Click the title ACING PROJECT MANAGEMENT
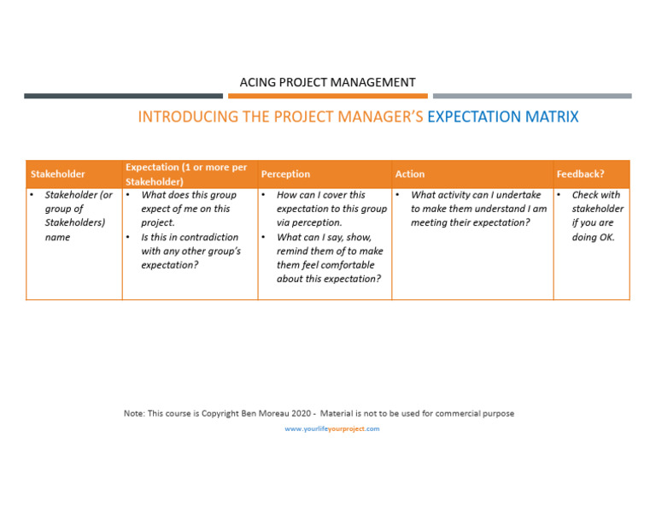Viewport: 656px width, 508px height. (327, 82)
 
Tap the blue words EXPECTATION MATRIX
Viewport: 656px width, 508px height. (502, 117)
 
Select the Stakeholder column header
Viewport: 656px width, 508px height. (58, 174)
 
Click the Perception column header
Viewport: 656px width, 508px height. (285, 174)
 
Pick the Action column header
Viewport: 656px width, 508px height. (410, 174)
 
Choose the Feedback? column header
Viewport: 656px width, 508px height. (580, 174)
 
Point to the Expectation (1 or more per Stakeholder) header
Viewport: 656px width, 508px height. (186, 174)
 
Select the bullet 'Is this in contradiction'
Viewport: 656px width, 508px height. (190, 251)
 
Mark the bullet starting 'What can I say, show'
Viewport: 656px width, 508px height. (329, 258)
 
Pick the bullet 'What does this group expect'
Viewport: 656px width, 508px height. (188, 209)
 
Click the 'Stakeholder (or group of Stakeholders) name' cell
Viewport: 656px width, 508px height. (77, 216)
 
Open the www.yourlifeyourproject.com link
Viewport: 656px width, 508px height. (332, 429)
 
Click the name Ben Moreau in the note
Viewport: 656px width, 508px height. (264, 414)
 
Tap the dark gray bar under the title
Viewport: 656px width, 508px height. (123, 97)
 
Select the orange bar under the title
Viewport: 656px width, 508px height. (327, 97)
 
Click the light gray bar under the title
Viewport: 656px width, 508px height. (532, 97)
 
